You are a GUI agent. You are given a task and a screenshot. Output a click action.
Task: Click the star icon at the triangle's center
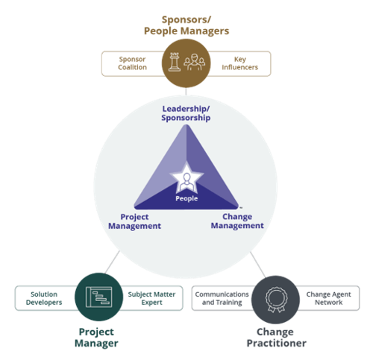coord(186,180)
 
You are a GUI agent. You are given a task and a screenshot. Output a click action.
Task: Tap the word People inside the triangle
coord(186,198)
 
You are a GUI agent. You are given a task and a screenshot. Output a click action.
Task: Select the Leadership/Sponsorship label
coord(186,113)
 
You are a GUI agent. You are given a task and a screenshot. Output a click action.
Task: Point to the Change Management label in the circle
coord(236,221)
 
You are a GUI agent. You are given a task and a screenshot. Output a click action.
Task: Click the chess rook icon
coord(174,62)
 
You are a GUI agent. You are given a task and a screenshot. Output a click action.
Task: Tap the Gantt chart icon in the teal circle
coord(98,297)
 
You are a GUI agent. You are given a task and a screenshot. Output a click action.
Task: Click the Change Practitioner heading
coord(275,337)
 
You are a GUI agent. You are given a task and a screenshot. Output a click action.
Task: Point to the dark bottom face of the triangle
coord(186,203)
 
